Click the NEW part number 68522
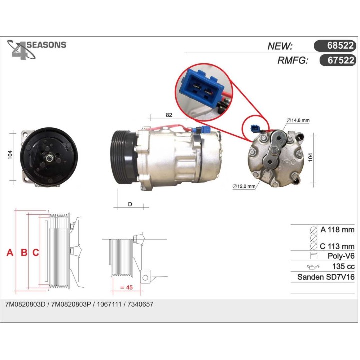tap(340, 45)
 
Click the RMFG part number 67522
tap(341, 60)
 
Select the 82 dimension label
tap(169, 115)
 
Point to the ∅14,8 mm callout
tap(298, 120)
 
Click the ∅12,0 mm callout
tap(244, 186)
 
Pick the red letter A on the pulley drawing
tap(10, 252)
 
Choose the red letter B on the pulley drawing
tap(24, 252)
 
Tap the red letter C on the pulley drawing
tap(36, 252)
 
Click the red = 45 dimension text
tap(126, 287)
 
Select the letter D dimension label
tap(130, 204)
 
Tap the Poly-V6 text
tap(341, 256)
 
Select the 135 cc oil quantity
tap(343, 266)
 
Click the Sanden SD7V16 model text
tap(326, 277)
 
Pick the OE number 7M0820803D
tap(25, 304)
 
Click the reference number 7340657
tap(140, 304)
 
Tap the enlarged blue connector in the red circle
tap(201, 88)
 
